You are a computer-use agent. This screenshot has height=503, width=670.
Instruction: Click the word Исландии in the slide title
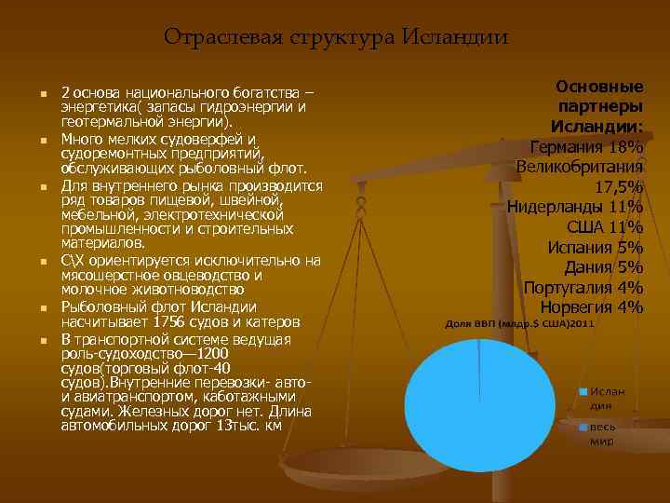(x=456, y=37)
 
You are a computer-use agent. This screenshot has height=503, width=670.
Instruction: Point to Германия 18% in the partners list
(x=586, y=146)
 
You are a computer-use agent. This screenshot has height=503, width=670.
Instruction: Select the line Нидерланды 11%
(x=574, y=207)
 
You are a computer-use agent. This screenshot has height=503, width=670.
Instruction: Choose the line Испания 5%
(x=596, y=248)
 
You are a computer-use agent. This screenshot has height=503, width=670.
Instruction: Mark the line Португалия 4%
(x=583, y=288)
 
